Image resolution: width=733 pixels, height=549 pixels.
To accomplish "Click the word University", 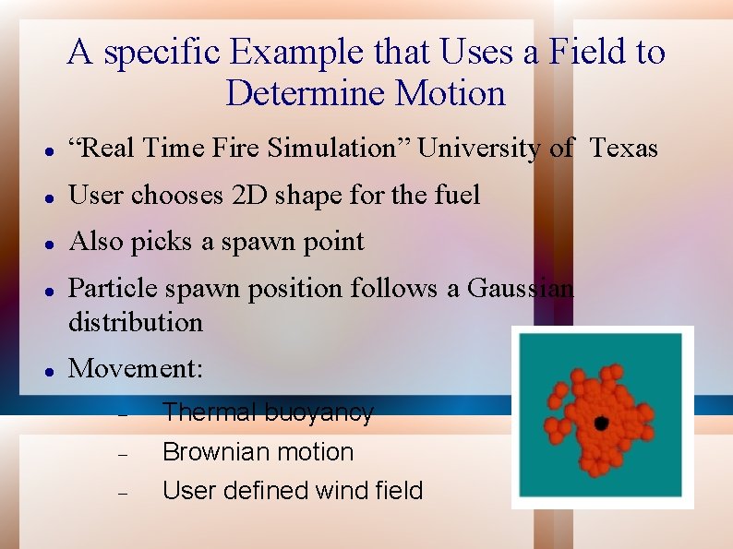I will [x=478, y=148].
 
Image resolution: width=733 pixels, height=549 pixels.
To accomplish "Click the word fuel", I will [x=458, y=195].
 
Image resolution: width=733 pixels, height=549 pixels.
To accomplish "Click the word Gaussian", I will [x=521, y=288].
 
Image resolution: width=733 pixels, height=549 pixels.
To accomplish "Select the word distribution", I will [x=135, y=322].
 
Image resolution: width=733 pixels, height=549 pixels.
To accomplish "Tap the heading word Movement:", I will [x=135, y=368].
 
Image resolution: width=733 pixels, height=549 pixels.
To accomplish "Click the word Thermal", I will [x=209, y=412].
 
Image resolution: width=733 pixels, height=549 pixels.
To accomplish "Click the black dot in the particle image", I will [x=601, y=423].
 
